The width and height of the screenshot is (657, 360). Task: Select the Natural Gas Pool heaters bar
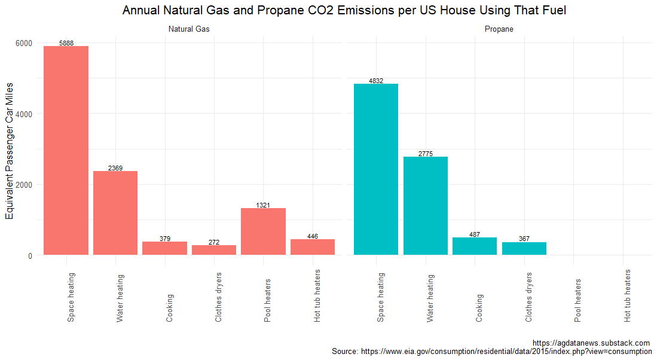point(263,231)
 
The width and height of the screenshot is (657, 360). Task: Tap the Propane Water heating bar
point(425,206)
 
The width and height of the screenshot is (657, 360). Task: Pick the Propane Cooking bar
point(475,246)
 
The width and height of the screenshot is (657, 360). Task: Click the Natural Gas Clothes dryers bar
point(214,250)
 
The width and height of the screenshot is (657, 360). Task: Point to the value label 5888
point(66,43)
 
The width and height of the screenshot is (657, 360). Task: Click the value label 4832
point(376,81)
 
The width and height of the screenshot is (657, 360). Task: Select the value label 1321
point(263,205)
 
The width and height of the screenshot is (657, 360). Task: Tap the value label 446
point(313,236)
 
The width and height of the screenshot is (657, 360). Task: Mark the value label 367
point(524,239)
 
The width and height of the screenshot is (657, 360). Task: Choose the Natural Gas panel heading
point(189,29)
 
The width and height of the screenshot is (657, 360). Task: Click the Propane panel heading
point(499,29)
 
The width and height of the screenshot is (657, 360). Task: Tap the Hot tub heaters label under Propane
point(627,296)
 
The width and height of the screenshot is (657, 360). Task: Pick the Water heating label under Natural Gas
point(120,298)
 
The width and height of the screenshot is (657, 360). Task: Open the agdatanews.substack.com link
point(591,343)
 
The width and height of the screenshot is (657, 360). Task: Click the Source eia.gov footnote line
point(491,352)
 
